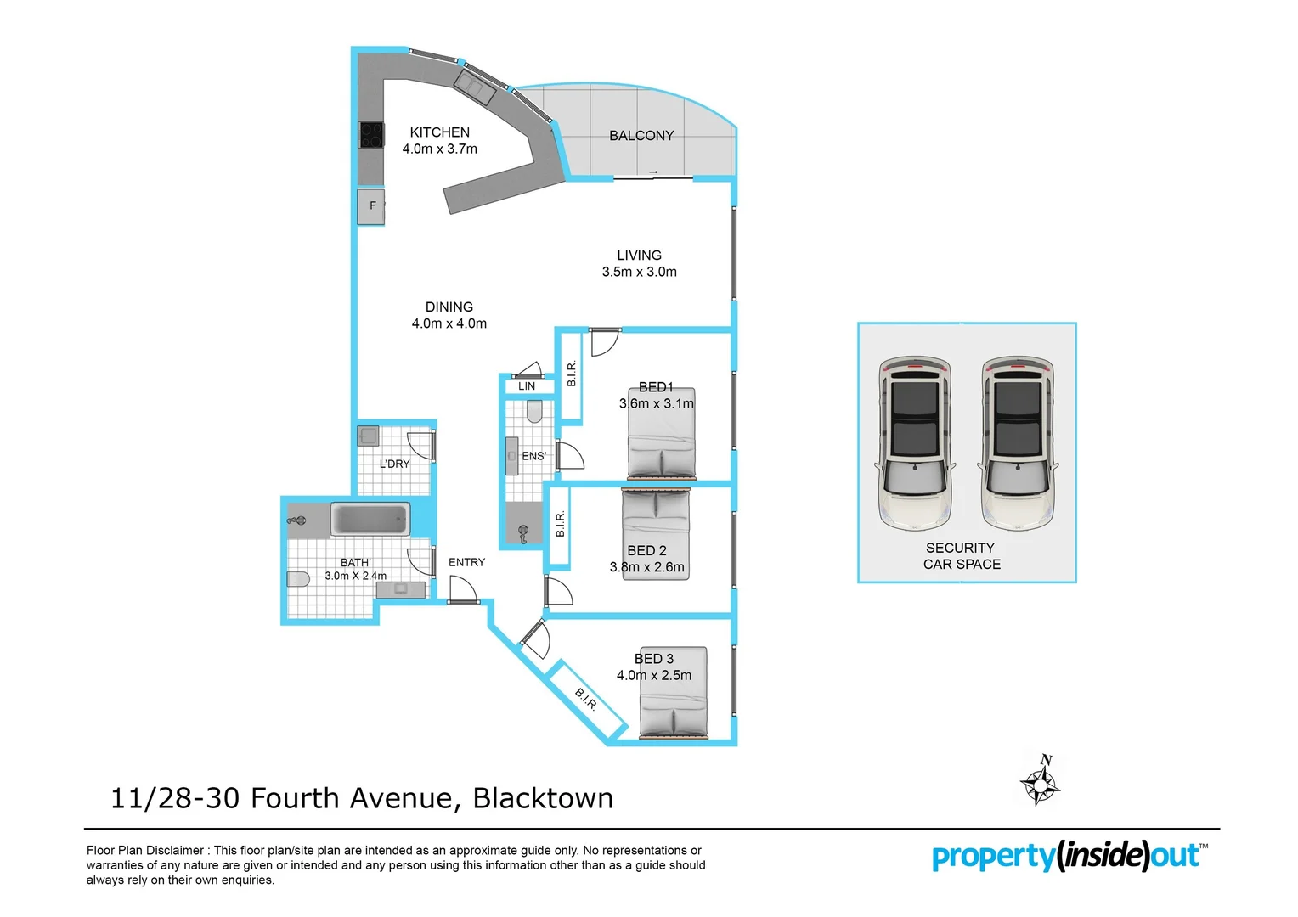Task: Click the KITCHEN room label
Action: pos(439,132)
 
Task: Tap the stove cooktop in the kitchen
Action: pos(371,135)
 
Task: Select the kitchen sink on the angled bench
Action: pos(473,87)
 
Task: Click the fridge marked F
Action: pos(371,206)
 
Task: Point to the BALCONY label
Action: pos(641,136)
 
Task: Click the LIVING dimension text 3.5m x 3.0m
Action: pos(639,273)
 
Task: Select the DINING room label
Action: pos(449,307)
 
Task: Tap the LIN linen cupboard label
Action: pos(527,386)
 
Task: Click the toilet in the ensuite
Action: pos(534,413)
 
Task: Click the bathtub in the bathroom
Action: pos(370,519)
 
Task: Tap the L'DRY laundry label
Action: pos(394,464)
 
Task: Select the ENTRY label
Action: pos(466,563)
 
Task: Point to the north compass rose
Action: pos(1040,781)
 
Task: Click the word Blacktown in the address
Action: pos(543,799)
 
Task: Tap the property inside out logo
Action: pos(1069,856)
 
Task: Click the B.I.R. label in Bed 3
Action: pos(586,699)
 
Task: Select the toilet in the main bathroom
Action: pos(297,580)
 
